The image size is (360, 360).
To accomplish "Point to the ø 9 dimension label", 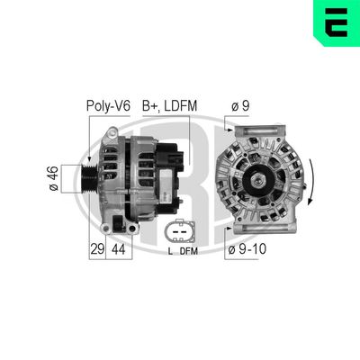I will (x=239, y=106).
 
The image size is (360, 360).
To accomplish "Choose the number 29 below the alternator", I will (x=97, y=247).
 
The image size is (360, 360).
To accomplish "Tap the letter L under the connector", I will (x=170, y=252).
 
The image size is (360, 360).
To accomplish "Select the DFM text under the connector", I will (x=188, y=252).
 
